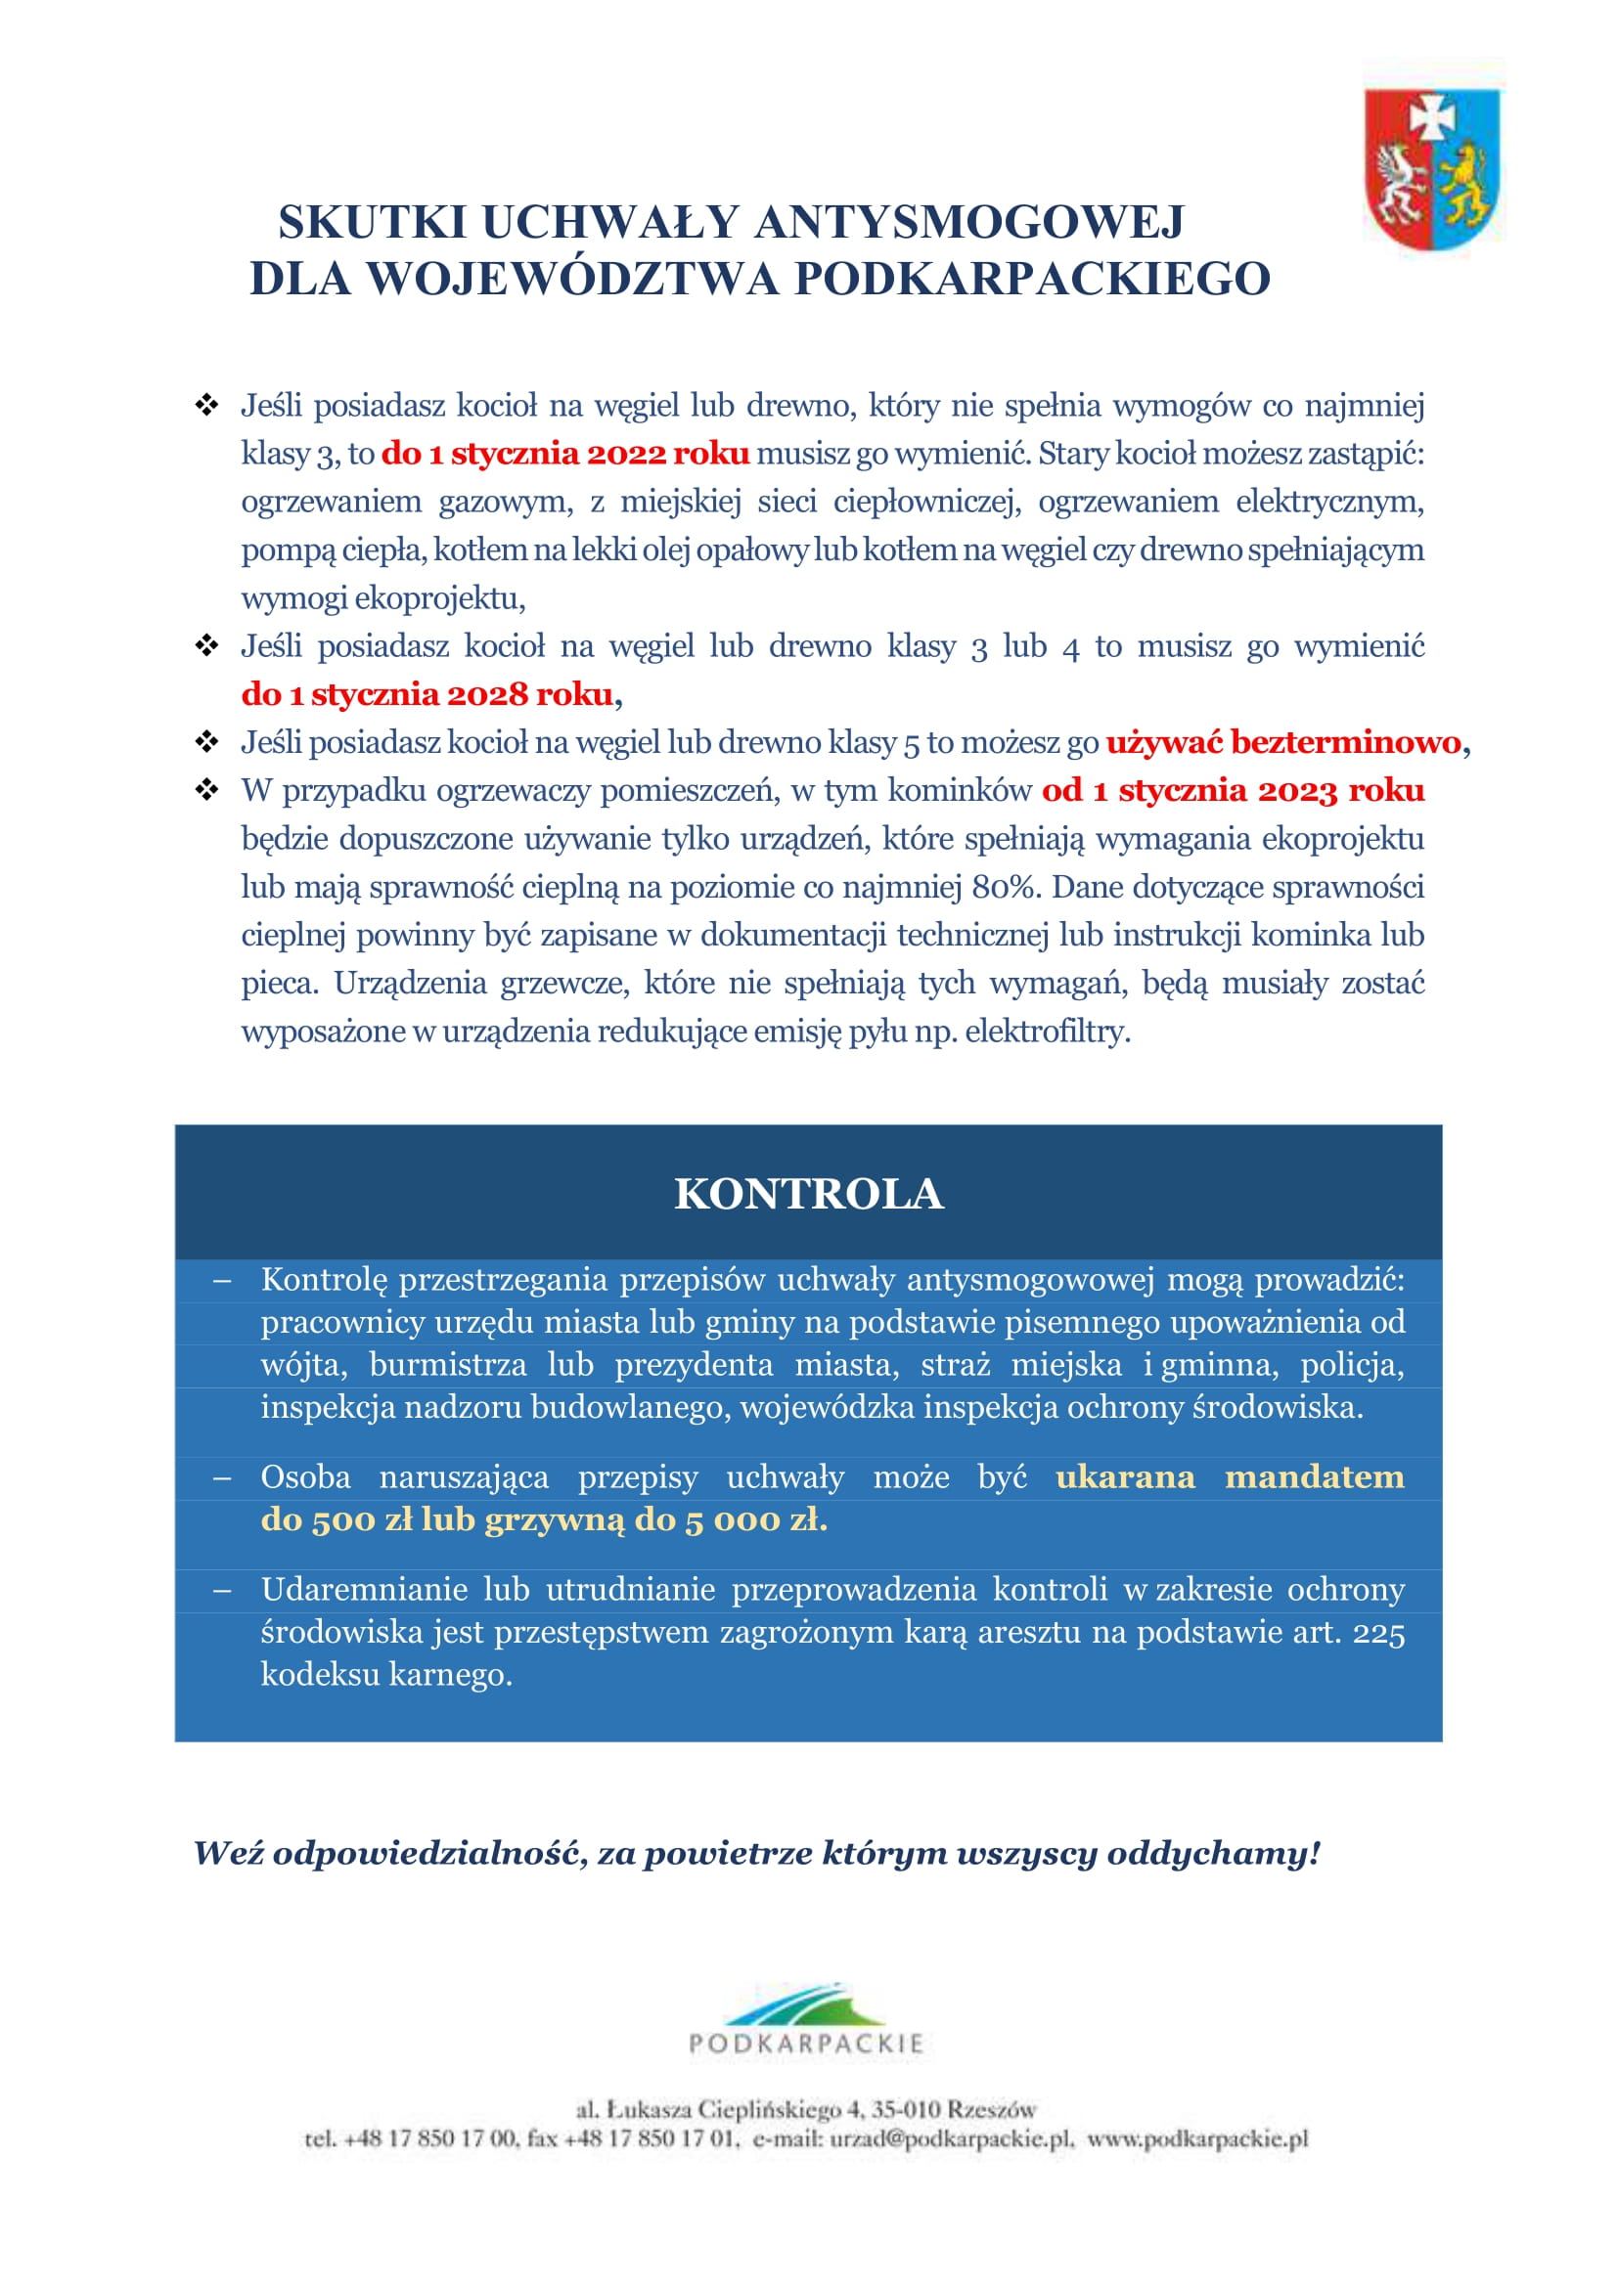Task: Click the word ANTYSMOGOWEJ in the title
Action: [968, 222]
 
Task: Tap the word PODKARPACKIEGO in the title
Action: [1032, 280]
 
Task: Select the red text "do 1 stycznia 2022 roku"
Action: [564, 455]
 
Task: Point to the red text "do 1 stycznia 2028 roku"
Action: [427, 694]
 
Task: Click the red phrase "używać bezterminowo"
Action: [1283, 742]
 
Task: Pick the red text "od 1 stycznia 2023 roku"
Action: [1234, 791]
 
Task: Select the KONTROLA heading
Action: [808, 1194]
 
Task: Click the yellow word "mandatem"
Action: [1314, 1477]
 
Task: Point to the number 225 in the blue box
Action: [1379, 1633]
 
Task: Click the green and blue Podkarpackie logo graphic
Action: [806, 2003]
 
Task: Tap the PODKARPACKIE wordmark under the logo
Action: [806, 2045]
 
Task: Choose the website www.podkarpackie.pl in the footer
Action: [1197, 2138]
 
